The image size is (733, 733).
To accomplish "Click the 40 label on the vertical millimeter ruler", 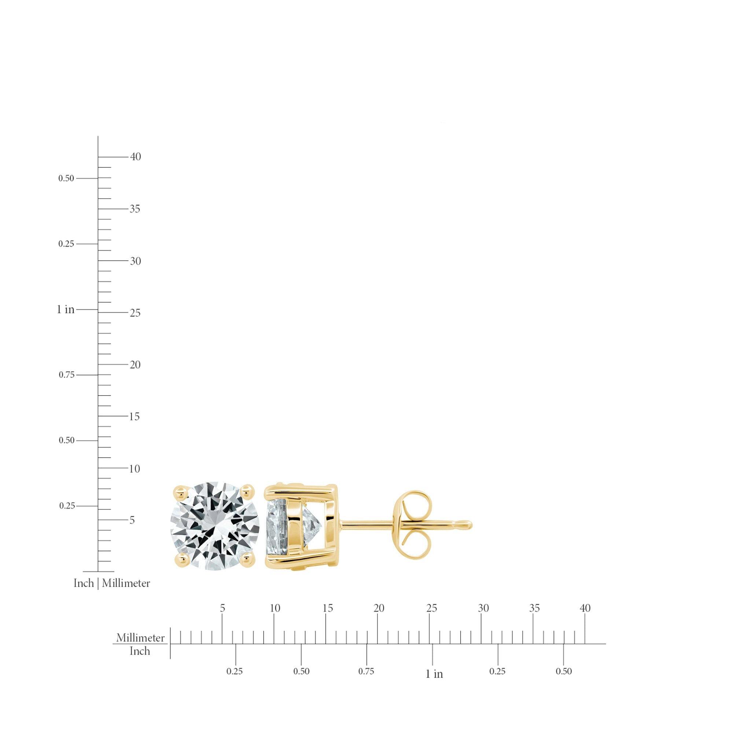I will coord(136,157).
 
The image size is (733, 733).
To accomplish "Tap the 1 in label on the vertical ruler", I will coord(66,310).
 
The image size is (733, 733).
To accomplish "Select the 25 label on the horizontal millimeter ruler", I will coord(431,608).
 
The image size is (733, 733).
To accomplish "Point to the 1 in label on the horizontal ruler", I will coord(434,674).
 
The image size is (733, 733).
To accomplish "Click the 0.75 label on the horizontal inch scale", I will coord(366,671).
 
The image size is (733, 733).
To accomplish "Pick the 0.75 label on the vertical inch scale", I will coord(66,375).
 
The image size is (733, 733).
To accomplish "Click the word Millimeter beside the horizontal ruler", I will coord(140,637).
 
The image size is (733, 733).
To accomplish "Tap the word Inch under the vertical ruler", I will coord(84,583).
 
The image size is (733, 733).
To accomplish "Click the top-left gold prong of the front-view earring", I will coord(180,493).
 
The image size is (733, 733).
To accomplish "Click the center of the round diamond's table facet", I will coord(215,526).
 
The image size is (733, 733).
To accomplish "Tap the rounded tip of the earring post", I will coord(469,525).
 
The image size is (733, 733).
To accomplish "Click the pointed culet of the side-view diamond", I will coord(321,526).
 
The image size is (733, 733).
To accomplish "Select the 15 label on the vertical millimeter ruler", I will coord(134,417).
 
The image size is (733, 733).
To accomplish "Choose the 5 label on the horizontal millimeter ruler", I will coord(222,608).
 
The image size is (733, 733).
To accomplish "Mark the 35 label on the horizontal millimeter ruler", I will coord(534,608).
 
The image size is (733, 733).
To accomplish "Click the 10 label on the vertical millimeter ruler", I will coord(134,469).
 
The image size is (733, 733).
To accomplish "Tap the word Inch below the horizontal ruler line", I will coord(140,651).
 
